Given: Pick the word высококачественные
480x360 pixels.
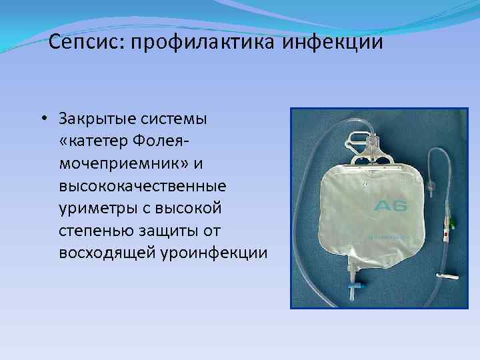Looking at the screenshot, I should click(142, 186).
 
